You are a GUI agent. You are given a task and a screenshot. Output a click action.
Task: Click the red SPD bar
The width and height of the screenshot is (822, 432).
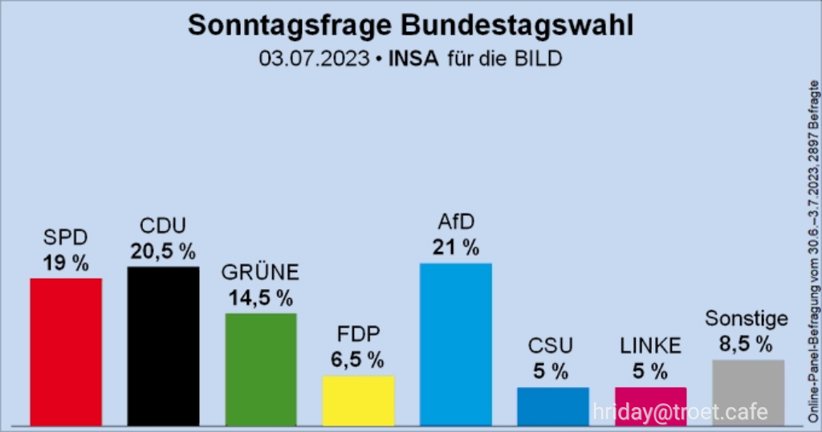[x=66, y=351]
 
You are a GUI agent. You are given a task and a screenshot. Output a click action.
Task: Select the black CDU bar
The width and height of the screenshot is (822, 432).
[x=164, y=345]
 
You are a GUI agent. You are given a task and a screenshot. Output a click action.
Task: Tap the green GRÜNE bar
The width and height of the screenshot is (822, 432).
[x=261, y=369]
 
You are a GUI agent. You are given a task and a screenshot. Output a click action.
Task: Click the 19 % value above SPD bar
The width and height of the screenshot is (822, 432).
[x=66, y=263]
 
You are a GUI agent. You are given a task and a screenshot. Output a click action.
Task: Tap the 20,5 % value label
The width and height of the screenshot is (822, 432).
[x=164, y=251]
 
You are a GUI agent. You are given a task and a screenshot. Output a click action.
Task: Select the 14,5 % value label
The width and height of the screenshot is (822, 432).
[x=261, y=299]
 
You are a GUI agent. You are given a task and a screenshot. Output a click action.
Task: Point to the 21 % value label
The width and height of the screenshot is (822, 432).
[x=456, y=247]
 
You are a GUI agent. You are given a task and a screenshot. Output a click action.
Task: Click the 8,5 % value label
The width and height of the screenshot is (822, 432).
[x=747, y=344]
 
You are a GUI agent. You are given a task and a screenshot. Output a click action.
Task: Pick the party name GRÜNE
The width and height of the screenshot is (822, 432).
[x=261, y=274]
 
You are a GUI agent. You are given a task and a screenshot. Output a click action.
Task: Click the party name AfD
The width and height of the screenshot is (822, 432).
[x=456, y=222]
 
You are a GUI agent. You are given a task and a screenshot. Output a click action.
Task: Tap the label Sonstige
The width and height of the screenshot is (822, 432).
[x=747, y=319]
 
